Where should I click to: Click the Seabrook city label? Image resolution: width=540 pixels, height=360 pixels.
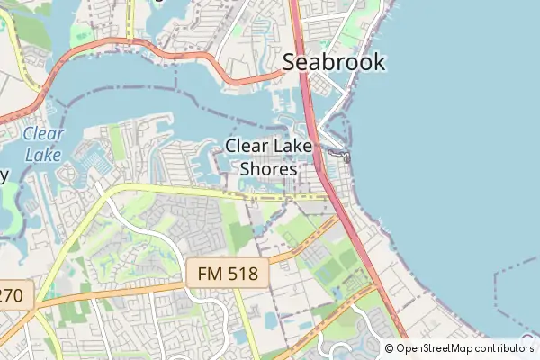coord(334,62)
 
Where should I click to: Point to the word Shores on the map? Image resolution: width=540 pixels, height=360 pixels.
coord(269,168)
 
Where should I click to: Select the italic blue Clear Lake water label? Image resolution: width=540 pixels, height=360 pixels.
coord(42,144)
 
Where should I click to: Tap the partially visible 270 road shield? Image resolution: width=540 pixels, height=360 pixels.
coord(13,293)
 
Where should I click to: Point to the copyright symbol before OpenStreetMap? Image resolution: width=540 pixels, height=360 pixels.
coord(389,348)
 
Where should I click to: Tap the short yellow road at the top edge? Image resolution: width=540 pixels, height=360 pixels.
coord(130,18)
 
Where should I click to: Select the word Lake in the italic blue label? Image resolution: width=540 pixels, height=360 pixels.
coord(42,155)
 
